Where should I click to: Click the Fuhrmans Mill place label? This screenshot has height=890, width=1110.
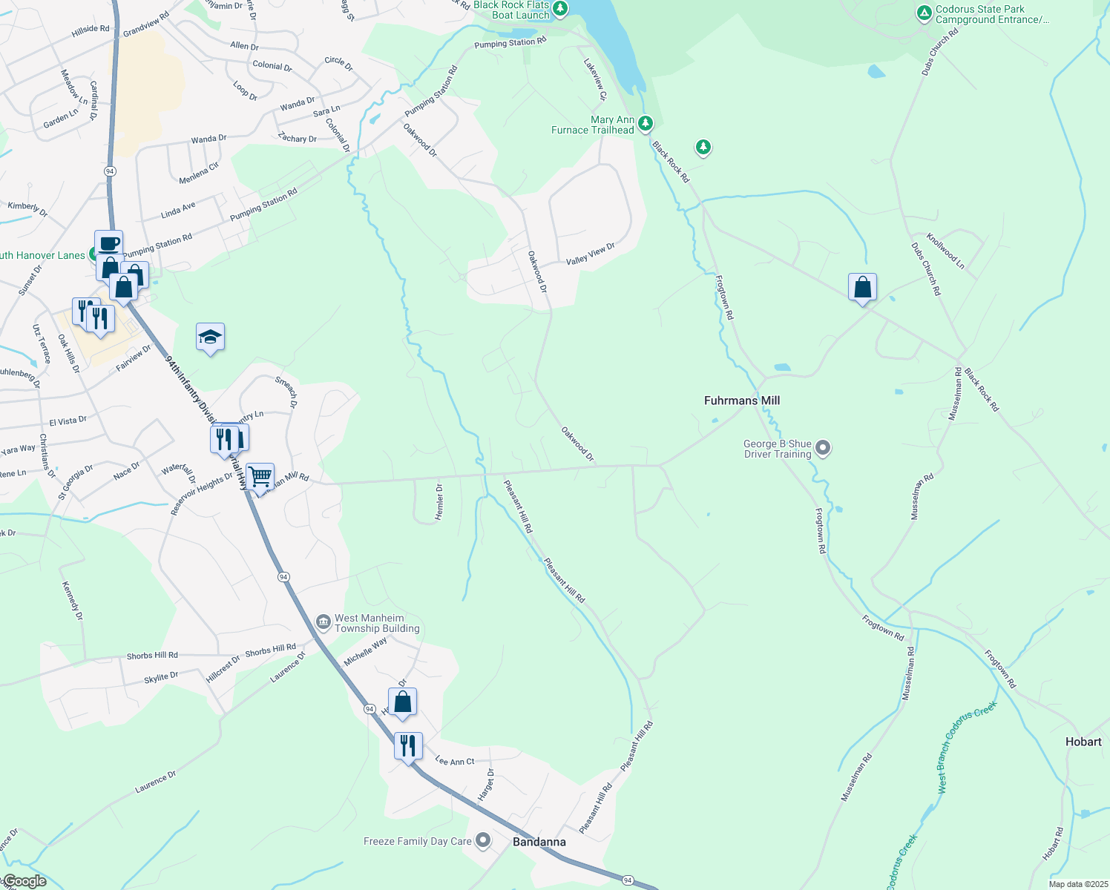(741, 400)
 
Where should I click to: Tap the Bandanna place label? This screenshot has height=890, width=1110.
(539, 842)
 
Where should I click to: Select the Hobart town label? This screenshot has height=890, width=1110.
(1083, 742)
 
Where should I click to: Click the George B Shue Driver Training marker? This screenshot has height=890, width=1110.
(822, 448)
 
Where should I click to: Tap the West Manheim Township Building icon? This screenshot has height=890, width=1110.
(323, 622)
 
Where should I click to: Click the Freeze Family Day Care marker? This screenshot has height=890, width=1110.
(483, 840)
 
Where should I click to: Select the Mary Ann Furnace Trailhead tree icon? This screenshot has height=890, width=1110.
(646, 122)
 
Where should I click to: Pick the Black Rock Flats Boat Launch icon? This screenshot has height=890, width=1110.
(560, 9)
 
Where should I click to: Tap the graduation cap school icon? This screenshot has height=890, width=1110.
(210, 337)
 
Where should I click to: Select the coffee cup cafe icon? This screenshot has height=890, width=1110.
(108, 243)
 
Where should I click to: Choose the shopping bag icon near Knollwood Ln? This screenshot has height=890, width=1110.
(862, 287)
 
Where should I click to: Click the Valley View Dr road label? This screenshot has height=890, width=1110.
(591, 254)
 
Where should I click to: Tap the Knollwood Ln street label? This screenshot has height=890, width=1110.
(945, 251)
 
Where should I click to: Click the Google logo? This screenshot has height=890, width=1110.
(24, 881)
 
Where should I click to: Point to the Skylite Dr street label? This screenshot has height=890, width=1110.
(161, 677)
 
